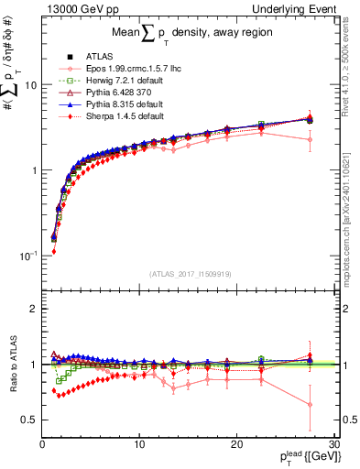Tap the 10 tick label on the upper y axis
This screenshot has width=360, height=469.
point(29,85)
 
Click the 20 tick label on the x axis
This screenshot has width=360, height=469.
point(236,443)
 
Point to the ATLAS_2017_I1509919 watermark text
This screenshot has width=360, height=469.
point(189,272)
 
